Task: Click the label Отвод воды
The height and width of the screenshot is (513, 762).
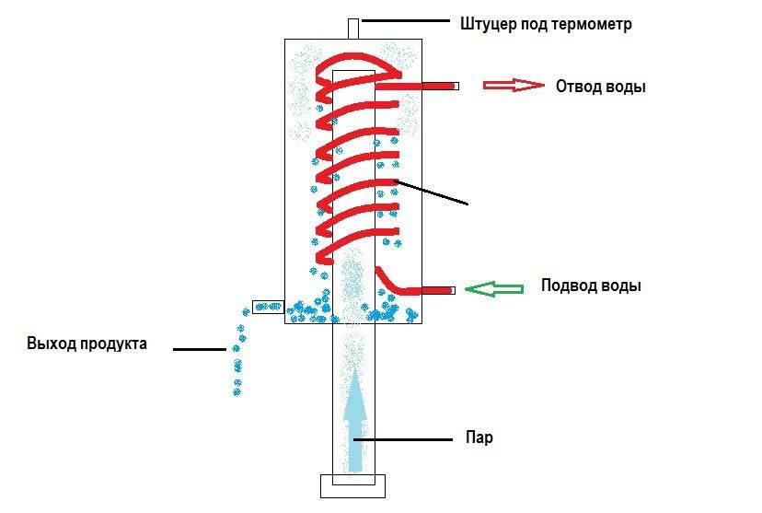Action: [600, 87]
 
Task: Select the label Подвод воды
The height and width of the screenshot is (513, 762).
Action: [591, 286]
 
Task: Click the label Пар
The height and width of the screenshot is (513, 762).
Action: [479, 437]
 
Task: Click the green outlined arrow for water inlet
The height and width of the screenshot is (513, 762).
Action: [494, 289]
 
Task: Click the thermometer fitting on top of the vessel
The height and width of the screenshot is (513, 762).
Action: [353, 28]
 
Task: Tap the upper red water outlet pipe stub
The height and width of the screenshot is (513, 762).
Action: [439, 86]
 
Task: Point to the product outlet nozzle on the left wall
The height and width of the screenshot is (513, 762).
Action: [268, 305]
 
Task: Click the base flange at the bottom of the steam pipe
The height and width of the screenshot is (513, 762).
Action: [353, 485]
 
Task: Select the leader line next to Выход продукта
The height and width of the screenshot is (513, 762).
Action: [200, 349]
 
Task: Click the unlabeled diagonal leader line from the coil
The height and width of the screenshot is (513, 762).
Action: [433, 191]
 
